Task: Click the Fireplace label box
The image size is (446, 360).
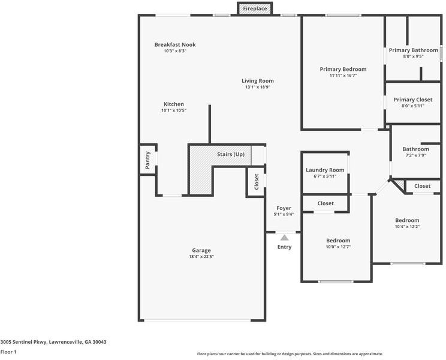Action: [x=255, y=8]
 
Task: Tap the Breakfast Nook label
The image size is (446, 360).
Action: [x=175, y=44]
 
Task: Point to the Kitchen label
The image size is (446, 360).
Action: [x=174, y=104]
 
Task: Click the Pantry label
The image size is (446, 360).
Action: [x=147, y=160]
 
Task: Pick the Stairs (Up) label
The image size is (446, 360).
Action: [x=231, y=154]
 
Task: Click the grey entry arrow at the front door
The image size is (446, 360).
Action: [x=284, y=238]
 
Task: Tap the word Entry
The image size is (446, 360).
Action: [x=284, y=247]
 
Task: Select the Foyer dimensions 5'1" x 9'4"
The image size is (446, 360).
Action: [x=284, y=214]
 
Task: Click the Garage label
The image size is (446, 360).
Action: [x=201, y=250]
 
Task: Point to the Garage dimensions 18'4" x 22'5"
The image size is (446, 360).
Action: [x=201, y=257]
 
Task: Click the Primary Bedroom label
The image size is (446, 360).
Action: [x=343, y=69]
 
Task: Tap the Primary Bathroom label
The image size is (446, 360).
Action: [x=413, y=50]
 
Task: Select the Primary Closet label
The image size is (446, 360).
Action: [x=413, y=100]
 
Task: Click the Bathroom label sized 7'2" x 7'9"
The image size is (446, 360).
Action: [x=415, y=149]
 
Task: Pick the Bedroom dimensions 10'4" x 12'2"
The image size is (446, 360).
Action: [x=407, y=227]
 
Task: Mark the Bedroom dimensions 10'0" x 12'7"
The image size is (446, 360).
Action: [x=337, y=247]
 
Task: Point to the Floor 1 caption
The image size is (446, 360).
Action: [x=8, y=352]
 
